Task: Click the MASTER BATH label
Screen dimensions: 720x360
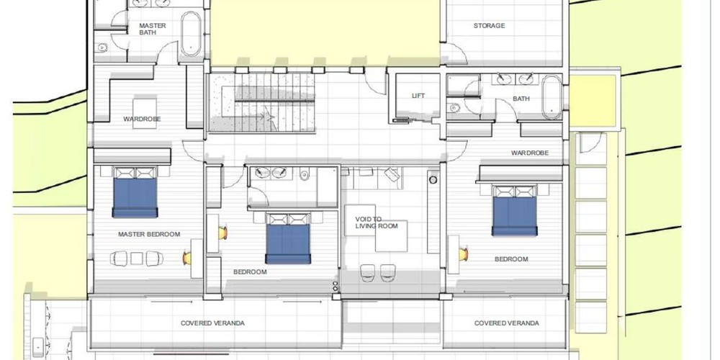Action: [153, 29]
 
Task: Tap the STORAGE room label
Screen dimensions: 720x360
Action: [489, 26]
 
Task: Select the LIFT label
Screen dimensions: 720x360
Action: [418, 96]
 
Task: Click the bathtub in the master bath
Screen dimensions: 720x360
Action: [191, 34]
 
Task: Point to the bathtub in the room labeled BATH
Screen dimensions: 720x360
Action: [552, 97]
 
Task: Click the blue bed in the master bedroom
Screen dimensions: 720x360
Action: [135, 192]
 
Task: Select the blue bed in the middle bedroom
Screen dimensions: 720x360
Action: [289, 238]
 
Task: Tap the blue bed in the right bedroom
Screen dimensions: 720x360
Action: [514, 211]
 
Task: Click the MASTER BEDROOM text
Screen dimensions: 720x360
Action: [149, 234]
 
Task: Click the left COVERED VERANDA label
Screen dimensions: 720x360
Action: [212, 323]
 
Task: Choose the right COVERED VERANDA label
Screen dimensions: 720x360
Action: [506, 323]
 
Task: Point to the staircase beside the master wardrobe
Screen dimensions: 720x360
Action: [262, 102]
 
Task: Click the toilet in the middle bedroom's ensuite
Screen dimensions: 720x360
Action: [304, 174]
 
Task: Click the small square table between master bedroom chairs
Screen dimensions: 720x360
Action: [137, 258]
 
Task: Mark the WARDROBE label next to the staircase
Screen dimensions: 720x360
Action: [142, 120]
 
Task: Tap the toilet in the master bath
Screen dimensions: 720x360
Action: [102, 48]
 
